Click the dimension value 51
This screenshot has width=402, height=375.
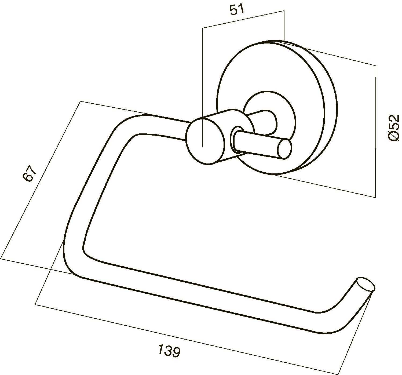(x=237, y=10)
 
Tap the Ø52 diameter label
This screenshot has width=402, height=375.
(x=393, y=128)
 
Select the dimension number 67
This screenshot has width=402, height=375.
(x=30, y=173)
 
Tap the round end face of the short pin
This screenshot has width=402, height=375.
(x=285, y=149)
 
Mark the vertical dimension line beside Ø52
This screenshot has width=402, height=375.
(x=376, y=131)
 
